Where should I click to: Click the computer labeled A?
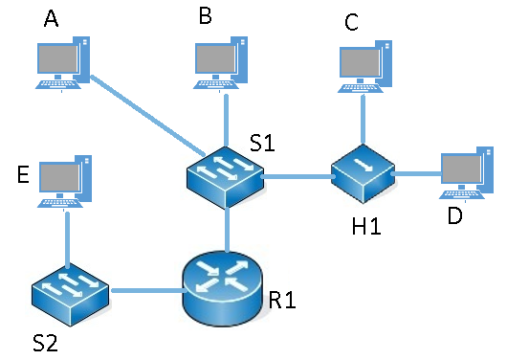click(62, 63)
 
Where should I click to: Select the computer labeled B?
click(221, 63)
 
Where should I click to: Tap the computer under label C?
click(364, 67)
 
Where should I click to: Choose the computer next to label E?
click(65, 182)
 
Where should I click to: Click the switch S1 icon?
click(226, 177)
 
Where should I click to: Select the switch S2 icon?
click(71, 295)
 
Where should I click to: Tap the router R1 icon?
click(222, 288)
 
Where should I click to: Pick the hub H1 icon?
click(363, 173)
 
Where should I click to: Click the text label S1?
click(262, 143)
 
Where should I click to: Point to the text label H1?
click(366, 226)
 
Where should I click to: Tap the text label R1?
click(282, 300)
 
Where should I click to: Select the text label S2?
click(46, 343)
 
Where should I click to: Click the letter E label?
click(23, 174)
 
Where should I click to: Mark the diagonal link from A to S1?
click(147, 116)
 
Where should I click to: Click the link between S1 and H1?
click(298, 176)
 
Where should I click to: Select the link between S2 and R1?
click(148, 290)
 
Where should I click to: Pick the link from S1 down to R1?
click(228, 229)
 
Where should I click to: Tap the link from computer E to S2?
click(67, 239)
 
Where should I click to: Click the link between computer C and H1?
click(364, 120)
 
